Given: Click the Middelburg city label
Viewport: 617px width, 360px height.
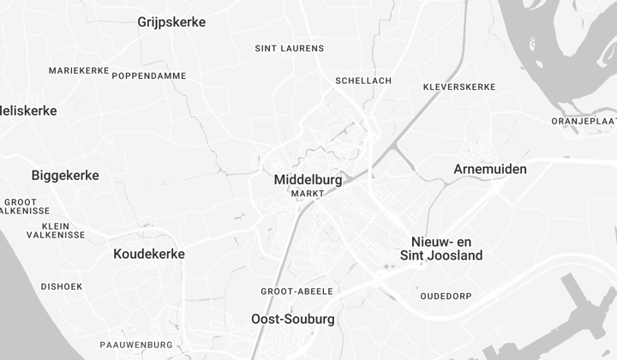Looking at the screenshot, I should pos(308,181).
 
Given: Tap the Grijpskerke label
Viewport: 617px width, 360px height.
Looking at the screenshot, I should pos(171,22).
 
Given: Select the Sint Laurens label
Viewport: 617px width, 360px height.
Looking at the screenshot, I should pos(290,48).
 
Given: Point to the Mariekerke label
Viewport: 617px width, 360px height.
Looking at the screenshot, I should pos(79,70).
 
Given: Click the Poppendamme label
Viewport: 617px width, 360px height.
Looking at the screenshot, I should pos(149,75).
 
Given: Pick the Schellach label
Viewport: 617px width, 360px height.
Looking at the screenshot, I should pos(363,81).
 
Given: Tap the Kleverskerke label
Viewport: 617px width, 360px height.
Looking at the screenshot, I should pos(459,87).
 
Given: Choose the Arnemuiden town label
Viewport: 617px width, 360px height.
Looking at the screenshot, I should pos(490,169).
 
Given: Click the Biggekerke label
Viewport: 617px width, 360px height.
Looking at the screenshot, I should pos(65,176).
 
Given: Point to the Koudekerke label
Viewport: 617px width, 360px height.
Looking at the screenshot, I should pos(149,254).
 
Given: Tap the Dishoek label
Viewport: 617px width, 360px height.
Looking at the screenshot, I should pos(62,286).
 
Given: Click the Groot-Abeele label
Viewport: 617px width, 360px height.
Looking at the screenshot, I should pos(297,291).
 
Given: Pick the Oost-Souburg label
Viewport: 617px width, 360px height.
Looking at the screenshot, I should pos(293,319).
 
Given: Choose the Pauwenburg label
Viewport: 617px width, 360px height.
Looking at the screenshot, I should pos(136,345).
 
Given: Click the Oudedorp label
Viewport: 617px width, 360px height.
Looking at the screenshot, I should pos(446,297).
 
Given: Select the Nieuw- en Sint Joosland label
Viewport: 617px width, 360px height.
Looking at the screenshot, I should pos(441,249).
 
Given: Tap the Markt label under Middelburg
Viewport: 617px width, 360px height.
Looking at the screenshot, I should pos(308,194).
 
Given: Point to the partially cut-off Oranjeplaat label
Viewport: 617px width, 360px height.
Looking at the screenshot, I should pos(584,122).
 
